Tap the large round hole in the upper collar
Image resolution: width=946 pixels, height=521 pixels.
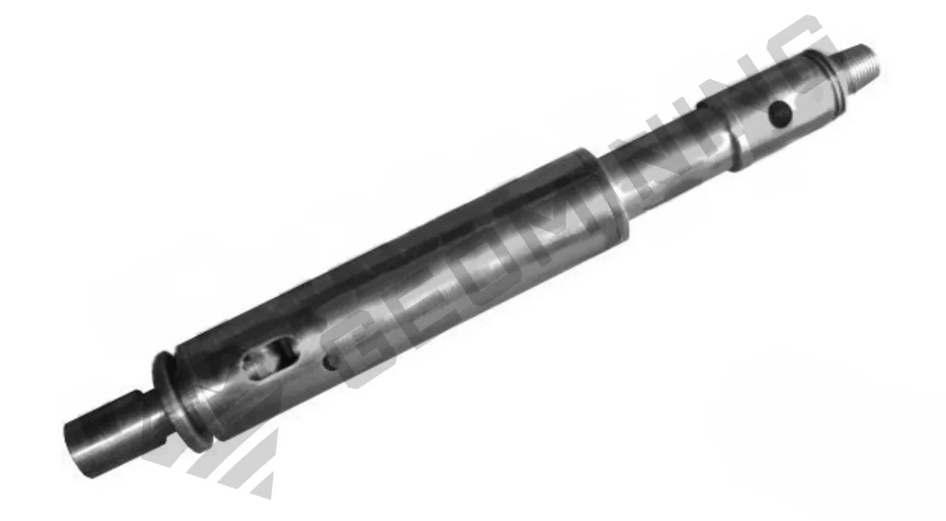[x=779, y=113]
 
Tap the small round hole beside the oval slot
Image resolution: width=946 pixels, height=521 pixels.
[x=330, y=362]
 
